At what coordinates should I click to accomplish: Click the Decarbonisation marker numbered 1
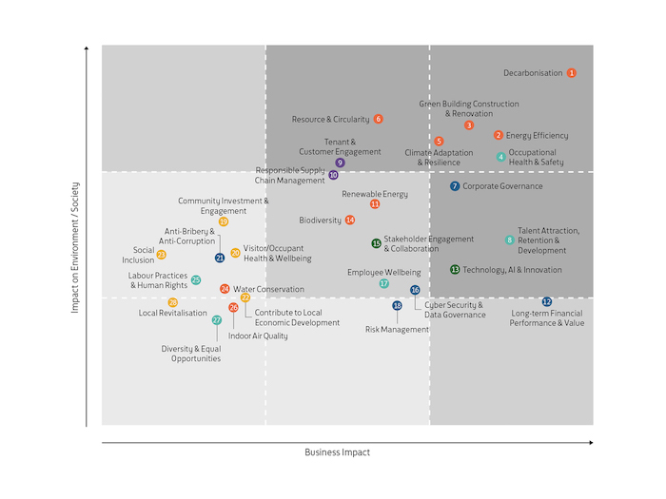click(x=571, y=72)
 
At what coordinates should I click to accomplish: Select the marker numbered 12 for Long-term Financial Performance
click(x=546, y=302)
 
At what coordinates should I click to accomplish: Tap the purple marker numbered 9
click(x=340, y=163)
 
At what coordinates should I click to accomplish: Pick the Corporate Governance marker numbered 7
click(x=455, y=186)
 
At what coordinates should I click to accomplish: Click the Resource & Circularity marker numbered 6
click(x=378, y=119)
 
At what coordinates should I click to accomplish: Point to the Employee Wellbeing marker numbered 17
click(x=384, y=283)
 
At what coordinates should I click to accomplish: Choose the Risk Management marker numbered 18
click(x=398, y=306)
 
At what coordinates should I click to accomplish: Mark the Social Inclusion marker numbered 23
click(x=161, y=255)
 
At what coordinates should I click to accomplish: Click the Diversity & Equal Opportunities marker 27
click(x=217, y=320)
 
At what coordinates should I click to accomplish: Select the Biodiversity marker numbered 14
click(x=350, y=221)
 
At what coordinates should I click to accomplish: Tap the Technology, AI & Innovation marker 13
click(x=455, y=270)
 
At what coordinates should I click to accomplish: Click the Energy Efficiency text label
click(x=537, y=136)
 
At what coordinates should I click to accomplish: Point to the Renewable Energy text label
click(x=375, y=194)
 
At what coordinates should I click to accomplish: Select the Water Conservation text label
click(x=269, y=289)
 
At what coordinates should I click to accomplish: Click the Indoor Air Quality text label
click(x=258, y=336)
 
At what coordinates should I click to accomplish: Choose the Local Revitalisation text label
click(x=173, y=313)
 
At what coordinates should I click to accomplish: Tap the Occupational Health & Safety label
click(x=536, y=157)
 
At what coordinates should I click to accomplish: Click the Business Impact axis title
click(x=337, y=452)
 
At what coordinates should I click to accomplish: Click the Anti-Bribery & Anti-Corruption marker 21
click(x=220, y=258)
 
